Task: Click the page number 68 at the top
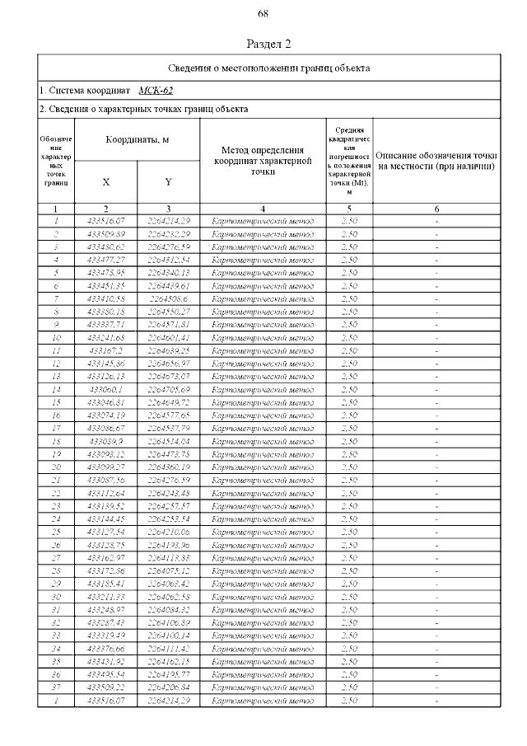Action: click(263, 14)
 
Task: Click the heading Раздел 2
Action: click(269, 44)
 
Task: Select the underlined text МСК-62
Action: click(156, 90)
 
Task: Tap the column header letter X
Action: click(106, 181)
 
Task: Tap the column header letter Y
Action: click(168, 181)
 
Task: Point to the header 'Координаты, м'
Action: click(138, 140)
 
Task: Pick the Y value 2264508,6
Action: click(168, 298)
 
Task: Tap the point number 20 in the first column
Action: click(56, 467)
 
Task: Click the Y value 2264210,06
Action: click(168, 532)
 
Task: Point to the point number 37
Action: click(56, 687)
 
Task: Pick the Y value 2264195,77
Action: click(168, 674)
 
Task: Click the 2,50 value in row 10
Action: click(349, 336)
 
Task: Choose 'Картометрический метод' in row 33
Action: click(263, 636)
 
